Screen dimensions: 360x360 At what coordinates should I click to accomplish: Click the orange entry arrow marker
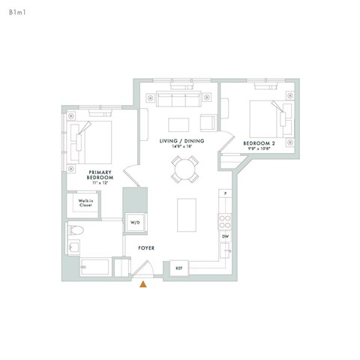click(143, 283)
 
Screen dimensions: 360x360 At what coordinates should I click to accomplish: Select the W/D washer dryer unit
click(135, 223)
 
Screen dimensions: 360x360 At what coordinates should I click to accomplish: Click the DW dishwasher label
click(224, 236)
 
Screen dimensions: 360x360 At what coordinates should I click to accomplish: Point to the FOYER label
click(145, 247)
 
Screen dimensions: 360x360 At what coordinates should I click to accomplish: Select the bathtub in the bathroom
click(94, 266)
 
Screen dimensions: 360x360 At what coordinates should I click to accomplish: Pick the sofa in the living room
click(172, 100)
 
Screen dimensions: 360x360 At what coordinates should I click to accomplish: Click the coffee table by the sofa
click(178, 124)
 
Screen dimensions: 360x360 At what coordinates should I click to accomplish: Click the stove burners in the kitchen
click(223, 220)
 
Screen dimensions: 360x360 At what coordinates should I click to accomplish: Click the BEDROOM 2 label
click(259, 142)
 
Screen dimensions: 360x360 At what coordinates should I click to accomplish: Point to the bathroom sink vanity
click(75, 247)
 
